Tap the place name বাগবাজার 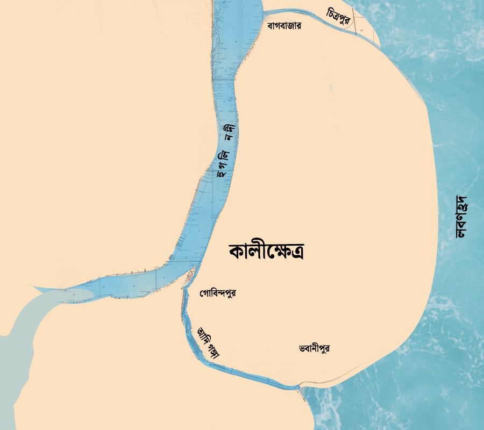(x=284, y=26)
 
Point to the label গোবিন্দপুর (x=217, y=293)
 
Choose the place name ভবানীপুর (x=314, y=348)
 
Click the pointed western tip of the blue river (x=33, y=286)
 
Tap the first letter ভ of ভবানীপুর (x=302, y=348)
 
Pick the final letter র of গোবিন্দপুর (x=233, y=293)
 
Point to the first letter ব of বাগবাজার (x=270, y=26)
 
